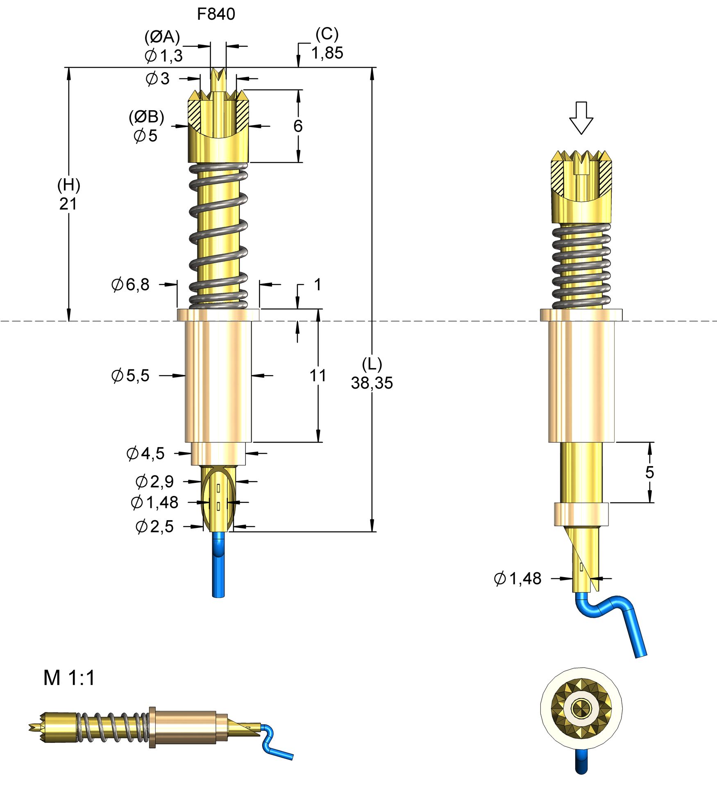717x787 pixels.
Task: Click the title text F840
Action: pyautogui.click(x=216, y=14)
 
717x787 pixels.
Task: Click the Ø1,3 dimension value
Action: pyautogui.click(x=164, y=56)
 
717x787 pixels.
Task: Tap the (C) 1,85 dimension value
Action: pyautogui.click(x=327, y=53)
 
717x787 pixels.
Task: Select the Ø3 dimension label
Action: pyautogui.click(x=158, y=79)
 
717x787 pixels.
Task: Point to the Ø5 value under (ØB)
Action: pyautogui.click(x=146, y=136)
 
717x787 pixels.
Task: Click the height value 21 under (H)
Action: pyautogui.click(x=68, y=204)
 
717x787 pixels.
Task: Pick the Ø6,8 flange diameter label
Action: pyautogui.click(x=131, y=284)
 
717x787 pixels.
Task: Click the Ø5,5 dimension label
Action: pyautogui.click(x=131, y=375)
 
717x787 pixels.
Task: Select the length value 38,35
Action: pyautogui.click(x=372, y=383)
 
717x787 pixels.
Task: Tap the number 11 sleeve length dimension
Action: pyautogui.click(x=318, y=375)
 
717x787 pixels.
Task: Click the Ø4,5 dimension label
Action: pyautogui.click(x=145, y=453)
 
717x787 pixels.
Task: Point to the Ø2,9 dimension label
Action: pyautogui.click(x=155, y=482)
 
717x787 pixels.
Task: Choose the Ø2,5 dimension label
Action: pyautogui.click(x=155, y=526)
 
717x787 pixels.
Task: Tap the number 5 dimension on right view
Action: pyautogui.click(x=649, y=472)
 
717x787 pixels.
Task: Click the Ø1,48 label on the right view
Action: pyautogui.click(x=518, y=579)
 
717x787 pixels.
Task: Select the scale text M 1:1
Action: pyautogui.click(x=69, y=678)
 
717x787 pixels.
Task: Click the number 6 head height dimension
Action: pyautogui.click(x=298, y=126)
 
